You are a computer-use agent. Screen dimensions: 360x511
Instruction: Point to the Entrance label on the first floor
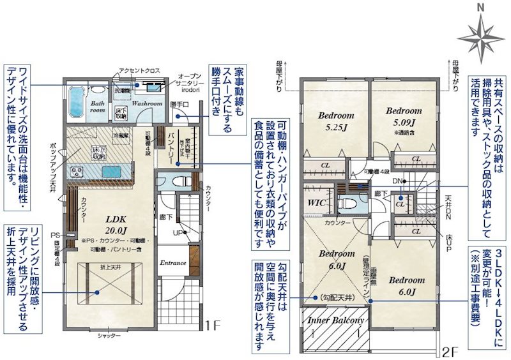point(172,263)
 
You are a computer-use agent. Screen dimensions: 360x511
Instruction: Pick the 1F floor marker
point(212,326)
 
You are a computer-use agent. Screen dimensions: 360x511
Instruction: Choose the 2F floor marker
point(450,352)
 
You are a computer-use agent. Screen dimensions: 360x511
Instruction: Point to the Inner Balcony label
point(336,320)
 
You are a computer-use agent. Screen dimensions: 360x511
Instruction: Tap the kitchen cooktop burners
point(78,172)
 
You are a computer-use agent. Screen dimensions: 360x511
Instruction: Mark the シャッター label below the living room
point(110,334)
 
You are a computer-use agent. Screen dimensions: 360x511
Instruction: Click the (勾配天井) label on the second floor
point(333,297)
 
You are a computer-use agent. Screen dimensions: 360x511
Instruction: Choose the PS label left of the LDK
point(55,234)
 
